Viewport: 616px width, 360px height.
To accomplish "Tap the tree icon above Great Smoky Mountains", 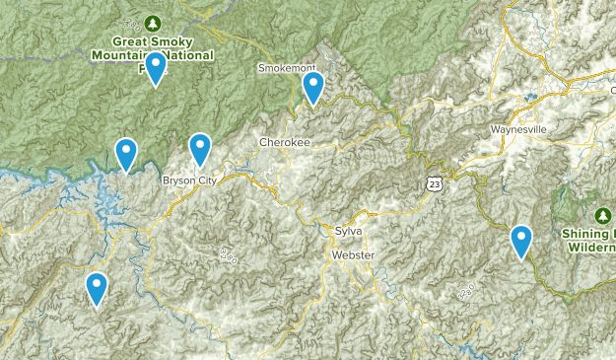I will pyautogui.click(x=152, y=23).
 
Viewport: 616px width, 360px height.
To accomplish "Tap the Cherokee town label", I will pyautogui.click(x=285, y=143).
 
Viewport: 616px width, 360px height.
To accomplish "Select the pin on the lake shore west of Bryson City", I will pyautogui.click(x=126, y=154).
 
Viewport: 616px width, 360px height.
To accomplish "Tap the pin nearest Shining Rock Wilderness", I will pyautogui.click(x=521, y=241).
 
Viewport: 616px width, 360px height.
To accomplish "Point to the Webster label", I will pyautogui.click(x=354, y=254).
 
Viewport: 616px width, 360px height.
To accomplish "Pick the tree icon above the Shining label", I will pyautogui.click(x=602, y=214).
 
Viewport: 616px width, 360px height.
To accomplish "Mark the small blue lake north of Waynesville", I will pyautogui.click(x=532, y=97).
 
